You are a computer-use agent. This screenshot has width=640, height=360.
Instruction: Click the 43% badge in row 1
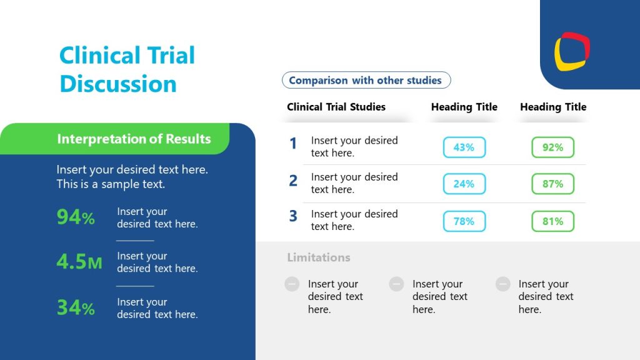[464, 147]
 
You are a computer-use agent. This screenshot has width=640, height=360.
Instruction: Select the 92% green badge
[552, 147]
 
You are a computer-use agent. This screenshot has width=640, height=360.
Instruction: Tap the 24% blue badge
[464, 184]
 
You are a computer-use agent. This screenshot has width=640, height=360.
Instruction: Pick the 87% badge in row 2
[552, 184]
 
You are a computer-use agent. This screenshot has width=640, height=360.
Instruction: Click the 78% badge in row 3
[464, 221]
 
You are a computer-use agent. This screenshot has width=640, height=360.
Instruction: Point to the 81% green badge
[552, 221]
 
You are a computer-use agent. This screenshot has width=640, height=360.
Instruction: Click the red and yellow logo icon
[572, 51]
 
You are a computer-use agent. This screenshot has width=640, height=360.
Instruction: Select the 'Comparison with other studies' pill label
[366, 80]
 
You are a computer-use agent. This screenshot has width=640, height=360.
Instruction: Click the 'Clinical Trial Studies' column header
[336, 107]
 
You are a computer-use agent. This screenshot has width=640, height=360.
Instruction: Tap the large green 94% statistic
[76, 217]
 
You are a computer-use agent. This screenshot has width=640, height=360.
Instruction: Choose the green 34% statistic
[76, 307]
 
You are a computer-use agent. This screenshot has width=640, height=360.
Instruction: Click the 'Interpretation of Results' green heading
[134, 139]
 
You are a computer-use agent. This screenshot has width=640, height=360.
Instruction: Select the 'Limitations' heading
[319, 257]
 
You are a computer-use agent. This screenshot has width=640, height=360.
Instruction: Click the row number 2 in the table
[293, 181]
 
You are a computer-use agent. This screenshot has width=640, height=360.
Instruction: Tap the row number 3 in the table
[293, 216]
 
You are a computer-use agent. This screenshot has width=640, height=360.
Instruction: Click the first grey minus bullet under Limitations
[292, 284]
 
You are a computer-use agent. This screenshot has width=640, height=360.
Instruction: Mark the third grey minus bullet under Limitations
[503, 284]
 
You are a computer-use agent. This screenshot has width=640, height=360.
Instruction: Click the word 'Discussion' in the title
[118, 83]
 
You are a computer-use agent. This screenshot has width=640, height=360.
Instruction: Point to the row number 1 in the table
[293, 144]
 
